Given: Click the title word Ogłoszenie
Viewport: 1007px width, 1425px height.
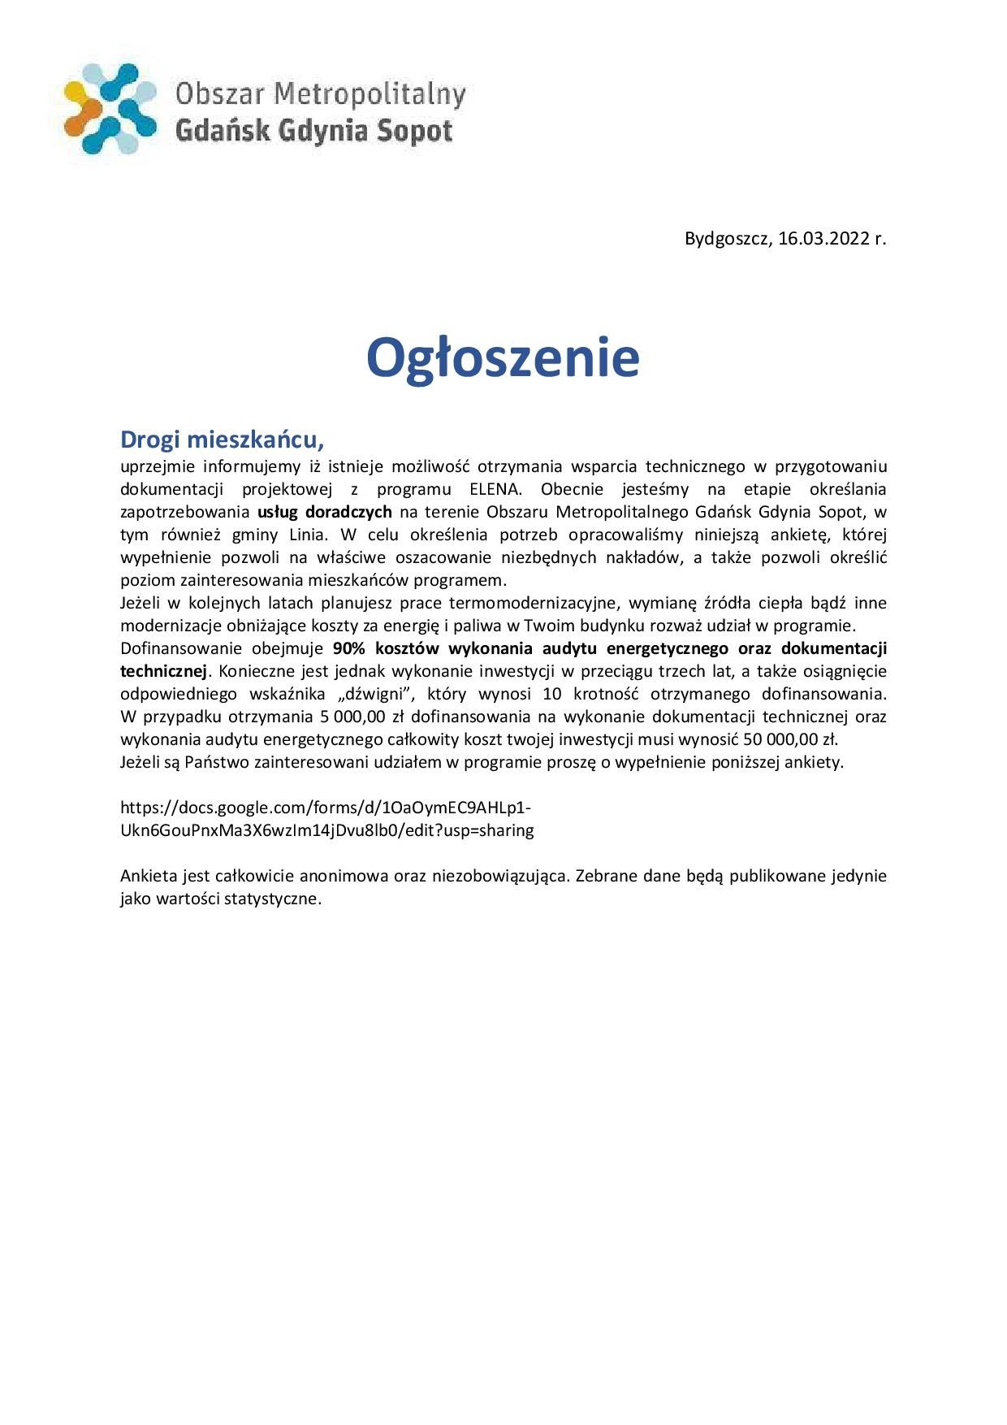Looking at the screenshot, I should tap(503, 357).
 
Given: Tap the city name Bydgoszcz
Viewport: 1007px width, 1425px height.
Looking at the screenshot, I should tap(727, 239).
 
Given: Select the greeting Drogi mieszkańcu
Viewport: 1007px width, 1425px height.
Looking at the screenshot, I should tap(222, 440).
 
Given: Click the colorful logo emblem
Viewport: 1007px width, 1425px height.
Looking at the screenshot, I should tap(110, 110).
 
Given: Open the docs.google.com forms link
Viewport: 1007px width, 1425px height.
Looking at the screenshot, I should tap(326, 819).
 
